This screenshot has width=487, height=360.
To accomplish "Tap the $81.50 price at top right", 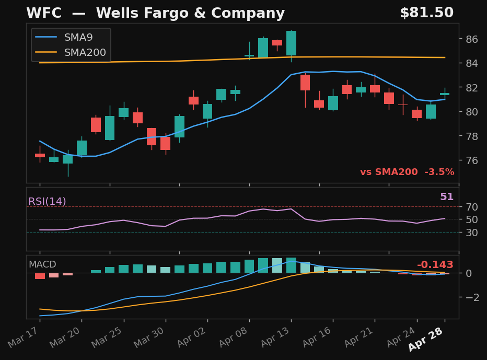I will coord(426,13).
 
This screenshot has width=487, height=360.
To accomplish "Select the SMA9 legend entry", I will coord(78,38).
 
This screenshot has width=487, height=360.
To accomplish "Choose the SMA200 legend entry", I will coord(85,52).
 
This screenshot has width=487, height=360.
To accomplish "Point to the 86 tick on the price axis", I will coord(472,39).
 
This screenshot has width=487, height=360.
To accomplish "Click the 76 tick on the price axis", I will coord(472,160).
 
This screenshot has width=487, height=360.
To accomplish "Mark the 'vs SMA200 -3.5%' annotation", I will coord(407,172).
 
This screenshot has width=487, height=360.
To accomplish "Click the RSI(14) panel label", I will coord(47,202).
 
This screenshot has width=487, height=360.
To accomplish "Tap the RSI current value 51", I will coord(446,197).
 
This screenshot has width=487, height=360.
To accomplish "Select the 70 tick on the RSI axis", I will coord(472,207).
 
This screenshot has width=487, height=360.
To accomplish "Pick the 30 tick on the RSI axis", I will coord(472,232).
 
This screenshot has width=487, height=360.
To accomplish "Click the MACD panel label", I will coord(42,264).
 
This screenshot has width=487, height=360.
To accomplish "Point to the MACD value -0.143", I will coord(435,265).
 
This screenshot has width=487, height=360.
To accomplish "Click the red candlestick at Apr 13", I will coord(305,83).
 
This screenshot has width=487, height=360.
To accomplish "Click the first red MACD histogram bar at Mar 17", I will coord(40,276).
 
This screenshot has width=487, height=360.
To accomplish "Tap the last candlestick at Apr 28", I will coord(445,94).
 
